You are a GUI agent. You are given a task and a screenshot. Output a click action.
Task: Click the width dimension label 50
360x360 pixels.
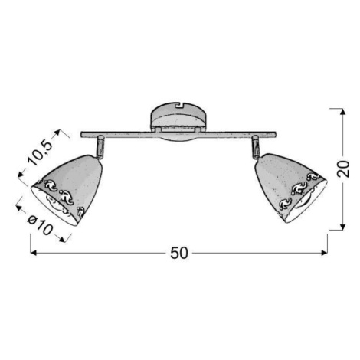tap(179, 253)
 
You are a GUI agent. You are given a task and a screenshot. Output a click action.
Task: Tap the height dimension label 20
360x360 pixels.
tap(343, 169)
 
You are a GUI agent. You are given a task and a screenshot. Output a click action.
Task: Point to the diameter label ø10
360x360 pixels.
tap(40, 225)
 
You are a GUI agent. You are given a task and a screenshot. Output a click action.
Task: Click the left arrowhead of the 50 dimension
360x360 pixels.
tap(33, 253)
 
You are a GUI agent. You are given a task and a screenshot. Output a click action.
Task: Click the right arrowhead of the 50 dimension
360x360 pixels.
tap(325, 253)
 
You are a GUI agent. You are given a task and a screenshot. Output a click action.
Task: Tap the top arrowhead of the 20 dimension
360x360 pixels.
tap(343, 111)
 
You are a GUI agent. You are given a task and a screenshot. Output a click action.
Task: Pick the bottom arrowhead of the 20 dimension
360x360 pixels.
tap(343, 227)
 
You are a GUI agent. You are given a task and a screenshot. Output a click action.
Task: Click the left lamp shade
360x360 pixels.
tap(67, 189)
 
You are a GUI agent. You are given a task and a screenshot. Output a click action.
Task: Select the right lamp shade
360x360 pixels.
tap(290, 188)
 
